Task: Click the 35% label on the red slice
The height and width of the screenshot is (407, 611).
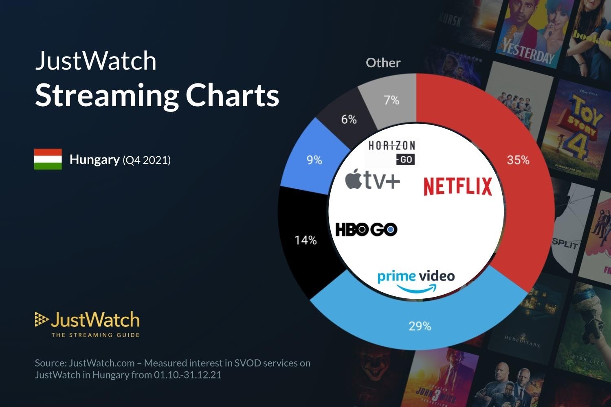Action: pos(518,160)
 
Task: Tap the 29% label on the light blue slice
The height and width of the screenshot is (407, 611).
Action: pos(420,326)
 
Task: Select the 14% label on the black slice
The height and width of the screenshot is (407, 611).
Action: pos(305,240)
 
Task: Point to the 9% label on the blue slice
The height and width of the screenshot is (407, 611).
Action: pos(314,160)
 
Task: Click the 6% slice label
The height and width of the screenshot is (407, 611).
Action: pos(349,119)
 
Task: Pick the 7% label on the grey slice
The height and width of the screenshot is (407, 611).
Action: pos(391,100)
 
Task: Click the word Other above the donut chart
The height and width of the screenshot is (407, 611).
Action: pos(383,63)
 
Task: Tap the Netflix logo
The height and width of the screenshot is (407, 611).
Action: pos(457,186)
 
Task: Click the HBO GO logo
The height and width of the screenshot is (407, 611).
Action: pos(366,230)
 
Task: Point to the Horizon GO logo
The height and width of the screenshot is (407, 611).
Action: pos(391,152)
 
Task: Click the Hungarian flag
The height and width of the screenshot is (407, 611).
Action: pos(48,159)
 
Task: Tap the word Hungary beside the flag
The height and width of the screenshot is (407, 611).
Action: pos(95,159)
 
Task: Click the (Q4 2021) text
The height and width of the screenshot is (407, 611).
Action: pos(147,160)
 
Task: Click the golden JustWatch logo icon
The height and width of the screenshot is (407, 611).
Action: pos(41,319)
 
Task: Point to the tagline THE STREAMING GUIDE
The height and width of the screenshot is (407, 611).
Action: pos(95,335)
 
